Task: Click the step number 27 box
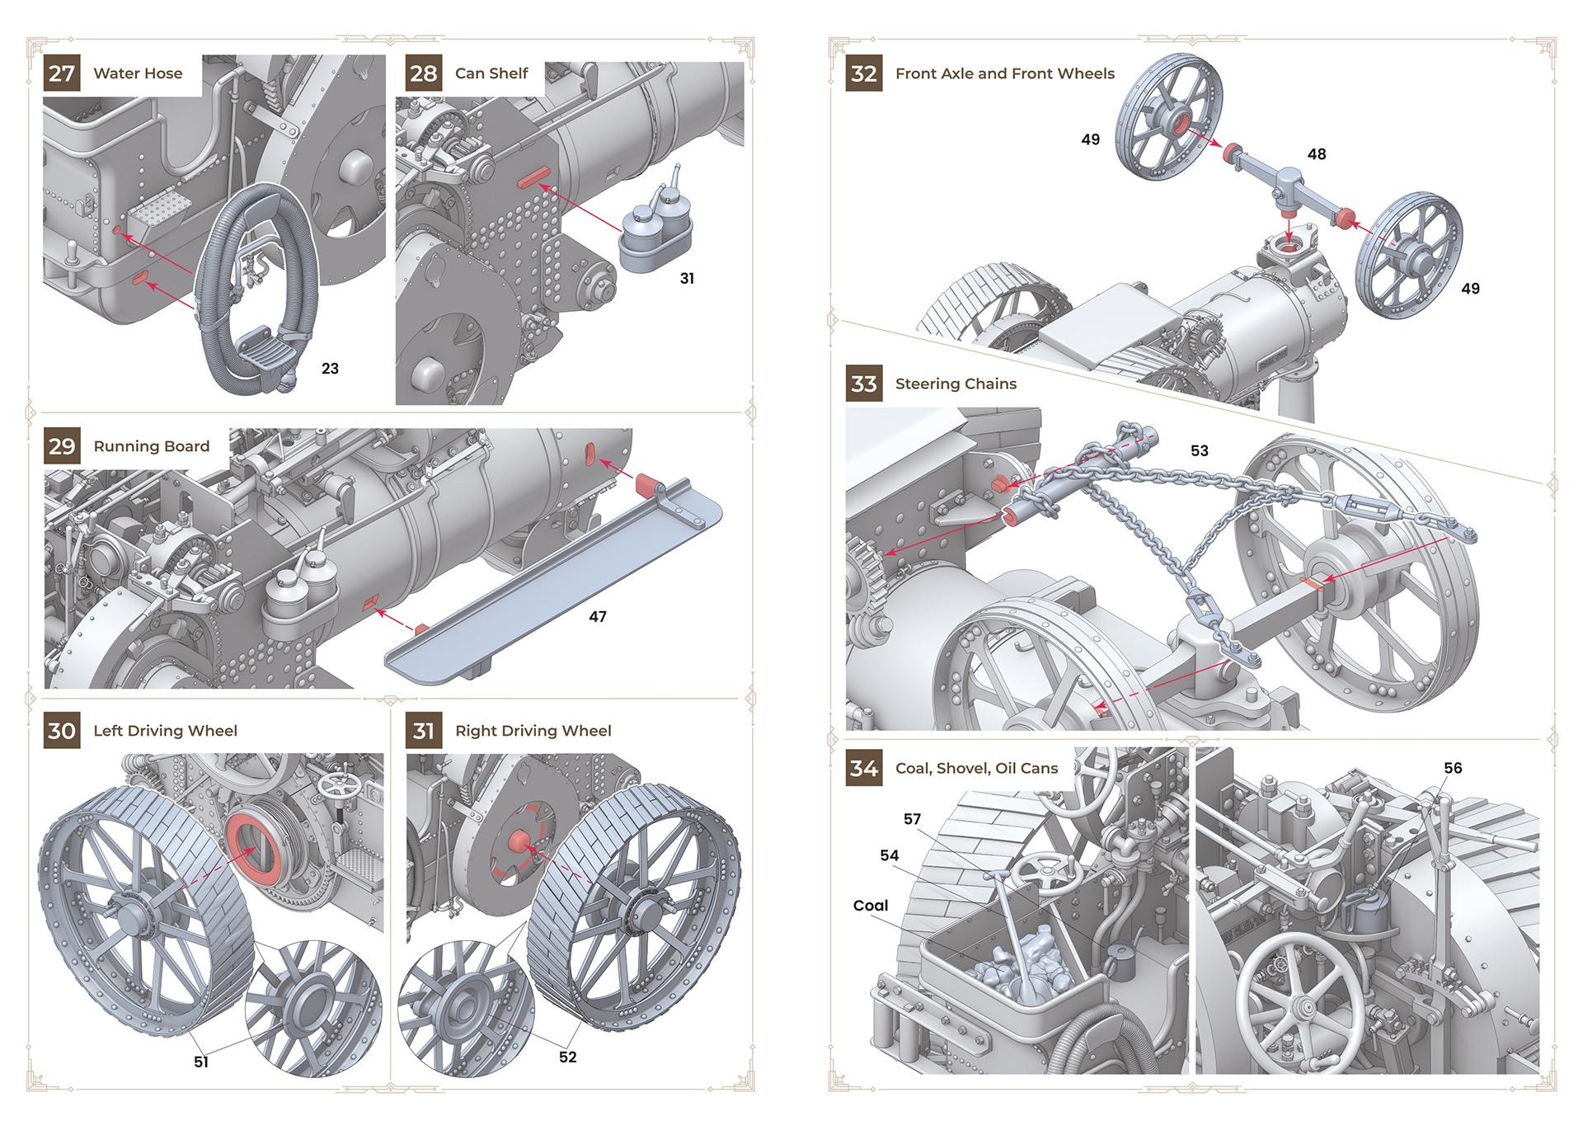pos(62,73)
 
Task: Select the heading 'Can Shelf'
pos(491,73)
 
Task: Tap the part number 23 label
pos(330,369)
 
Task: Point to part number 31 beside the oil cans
pos(687,279)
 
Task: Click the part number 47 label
pos(598,617)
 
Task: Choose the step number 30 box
pos(62,731)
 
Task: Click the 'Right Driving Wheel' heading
pos(533,731)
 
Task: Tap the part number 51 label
pos(201,1062)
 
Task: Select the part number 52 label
pos(568,1057)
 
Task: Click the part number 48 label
pos(1317,154)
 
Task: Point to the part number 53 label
pos(1200,451)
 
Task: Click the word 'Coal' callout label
pos(871,906)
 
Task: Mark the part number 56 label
pos(1453,768)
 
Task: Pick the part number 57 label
pos(912,819)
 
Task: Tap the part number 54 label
pos(890,855)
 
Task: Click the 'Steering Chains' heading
pos(956,384)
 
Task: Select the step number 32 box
pos(864,73)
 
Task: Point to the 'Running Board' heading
pos(152,446)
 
